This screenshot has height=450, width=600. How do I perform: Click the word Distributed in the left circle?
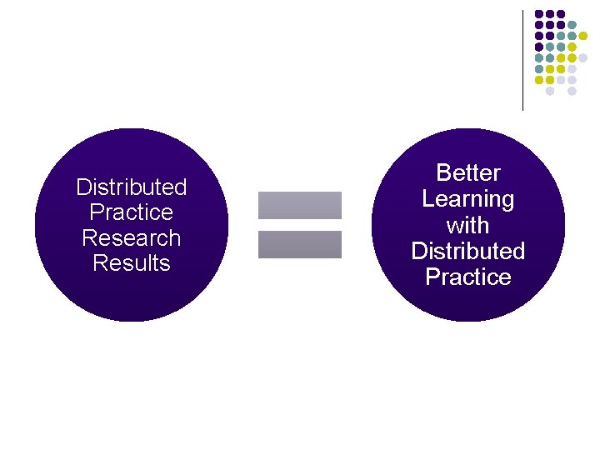[131, 187]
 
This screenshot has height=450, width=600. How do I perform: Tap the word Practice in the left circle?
[131, 212]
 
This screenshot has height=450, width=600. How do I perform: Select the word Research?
[131, 238]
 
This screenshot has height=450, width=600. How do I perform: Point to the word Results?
[131, 264]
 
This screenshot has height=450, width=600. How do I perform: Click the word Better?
[467, 173]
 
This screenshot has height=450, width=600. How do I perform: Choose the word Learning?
[467, 199]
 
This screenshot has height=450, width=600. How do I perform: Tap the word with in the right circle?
[467, 225]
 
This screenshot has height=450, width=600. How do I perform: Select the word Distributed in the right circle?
[467, 251]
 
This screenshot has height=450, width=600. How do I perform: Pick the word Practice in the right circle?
[467, 277]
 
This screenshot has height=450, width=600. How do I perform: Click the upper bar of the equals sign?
[300, 205]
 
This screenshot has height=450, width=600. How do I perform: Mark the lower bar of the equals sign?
[300, 244]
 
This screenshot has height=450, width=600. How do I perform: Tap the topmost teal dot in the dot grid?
[572, 25]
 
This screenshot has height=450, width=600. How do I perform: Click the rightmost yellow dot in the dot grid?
[583, 36]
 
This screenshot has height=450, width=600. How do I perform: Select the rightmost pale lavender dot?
[583, 58]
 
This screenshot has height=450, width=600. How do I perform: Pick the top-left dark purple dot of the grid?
[539, 14]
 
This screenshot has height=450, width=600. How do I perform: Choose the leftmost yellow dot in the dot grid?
[539, 80]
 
